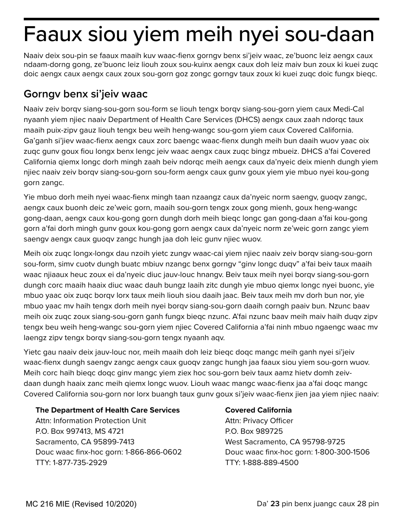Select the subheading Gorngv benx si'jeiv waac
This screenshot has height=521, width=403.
pos(85,93)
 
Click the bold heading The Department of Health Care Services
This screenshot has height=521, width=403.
pos(107,410)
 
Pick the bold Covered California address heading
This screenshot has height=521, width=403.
pos(258,410)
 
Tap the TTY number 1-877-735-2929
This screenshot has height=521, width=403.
pos(80,463)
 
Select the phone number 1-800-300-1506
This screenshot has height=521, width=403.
pos(342,452)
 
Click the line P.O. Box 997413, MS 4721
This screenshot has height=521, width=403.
pos(79,431)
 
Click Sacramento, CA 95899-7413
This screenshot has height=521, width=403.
pos(85,442)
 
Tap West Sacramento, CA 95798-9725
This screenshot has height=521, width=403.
pos(285,442)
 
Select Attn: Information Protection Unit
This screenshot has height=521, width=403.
pos(91,421)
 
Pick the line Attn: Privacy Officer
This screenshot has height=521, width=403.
pos(259,421)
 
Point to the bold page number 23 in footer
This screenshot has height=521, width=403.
pos(275,504)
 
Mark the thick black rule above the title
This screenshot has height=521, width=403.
pos(201,19)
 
